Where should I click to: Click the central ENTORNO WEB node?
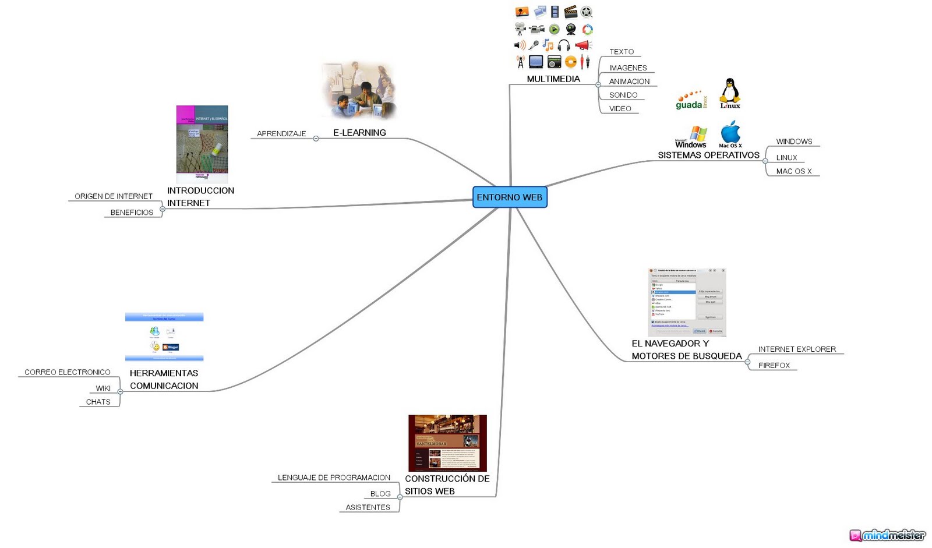click(x=510, y=197)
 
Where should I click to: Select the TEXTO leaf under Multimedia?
click(x=622, y=52)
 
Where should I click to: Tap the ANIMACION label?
click(x=629, y=82)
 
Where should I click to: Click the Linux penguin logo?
click(x=730, y=93)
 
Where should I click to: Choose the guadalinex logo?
click(x=691, y=100)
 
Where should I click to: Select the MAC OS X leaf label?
click(x=793, y=171)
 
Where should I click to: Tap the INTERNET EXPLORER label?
click(x=797, y=349)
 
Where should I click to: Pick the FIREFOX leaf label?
click(x=774, y=366)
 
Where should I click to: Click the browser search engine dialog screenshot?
click(x=687, y=302)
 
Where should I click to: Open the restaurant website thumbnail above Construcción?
click(x=447, y=443)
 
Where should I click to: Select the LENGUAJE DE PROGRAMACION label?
click(x=334, y=478)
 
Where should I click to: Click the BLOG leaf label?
click(x=380, y=494)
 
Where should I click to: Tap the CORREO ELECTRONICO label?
click(x=68, y=372)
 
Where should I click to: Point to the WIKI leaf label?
click(x=103, y=388)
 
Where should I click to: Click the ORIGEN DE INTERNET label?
click(x=114, y=196)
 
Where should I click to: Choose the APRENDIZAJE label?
click(x=281, y=134)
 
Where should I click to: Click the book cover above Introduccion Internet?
click(x=202, y=143)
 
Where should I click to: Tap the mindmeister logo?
click(x=887, y=535)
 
